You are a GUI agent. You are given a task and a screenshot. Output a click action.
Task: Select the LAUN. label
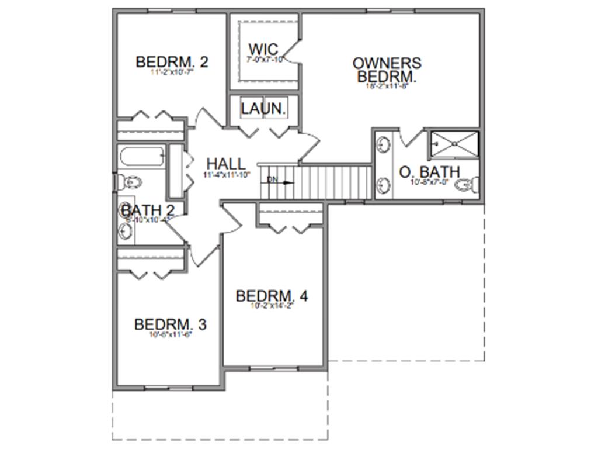click(263, 108)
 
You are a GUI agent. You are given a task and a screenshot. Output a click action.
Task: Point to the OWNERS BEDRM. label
click(387, 70)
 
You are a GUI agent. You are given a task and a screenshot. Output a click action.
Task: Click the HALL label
click(226, 164)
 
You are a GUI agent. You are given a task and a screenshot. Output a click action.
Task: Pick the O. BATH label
click(429, 172)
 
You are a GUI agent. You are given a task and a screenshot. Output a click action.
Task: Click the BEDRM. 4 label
click(272, 296)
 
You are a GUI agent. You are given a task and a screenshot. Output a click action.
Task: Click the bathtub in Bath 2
click(142, 157)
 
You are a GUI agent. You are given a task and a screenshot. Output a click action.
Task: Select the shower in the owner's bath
click(454, 143)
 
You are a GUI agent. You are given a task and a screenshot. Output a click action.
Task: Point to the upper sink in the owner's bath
click(384, 144)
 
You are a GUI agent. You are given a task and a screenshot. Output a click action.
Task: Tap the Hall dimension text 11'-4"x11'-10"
click(226, 175)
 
